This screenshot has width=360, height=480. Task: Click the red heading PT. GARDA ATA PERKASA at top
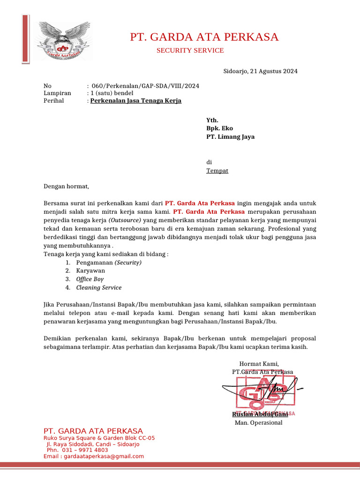click(204, 37)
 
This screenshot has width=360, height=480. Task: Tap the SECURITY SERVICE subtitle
click(190, 51)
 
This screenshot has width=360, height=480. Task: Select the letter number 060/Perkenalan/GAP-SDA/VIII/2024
click(145, 86)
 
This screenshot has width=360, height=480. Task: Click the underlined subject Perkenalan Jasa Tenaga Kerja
click(135, 101)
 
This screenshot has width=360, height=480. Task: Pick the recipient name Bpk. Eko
click(219, 128)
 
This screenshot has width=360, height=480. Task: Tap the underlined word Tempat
click(217, 171)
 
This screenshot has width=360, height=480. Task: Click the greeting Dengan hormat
click(66, 186)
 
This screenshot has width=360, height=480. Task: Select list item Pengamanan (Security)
click(109, 262)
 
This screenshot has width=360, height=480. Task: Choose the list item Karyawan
click(90, 271)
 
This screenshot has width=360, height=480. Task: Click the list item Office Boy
click(90, 279)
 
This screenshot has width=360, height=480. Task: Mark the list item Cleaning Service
click(99, 288)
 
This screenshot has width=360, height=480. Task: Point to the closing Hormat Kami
click(259, 364)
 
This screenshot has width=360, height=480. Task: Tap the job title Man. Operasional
click(258, 423)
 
